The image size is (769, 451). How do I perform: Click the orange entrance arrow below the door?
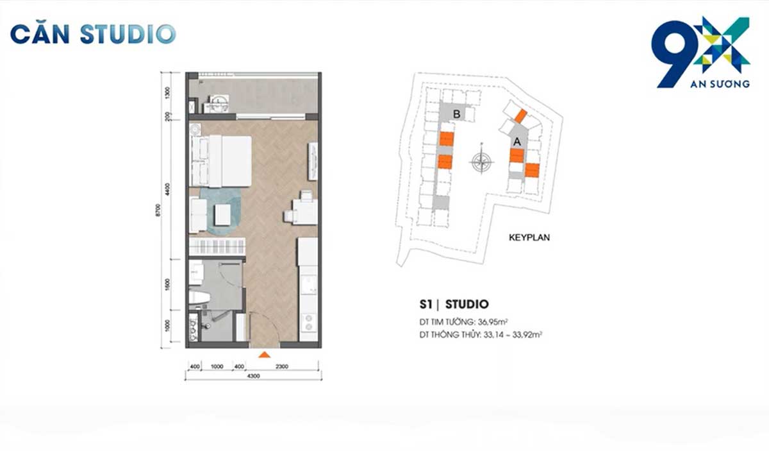click(x=263, y=354)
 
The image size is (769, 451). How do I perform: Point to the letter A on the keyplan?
click(x=517, y=139)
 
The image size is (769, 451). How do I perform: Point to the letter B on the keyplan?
click(x=456, y=114)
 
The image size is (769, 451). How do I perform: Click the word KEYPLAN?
click(x=529, y=237)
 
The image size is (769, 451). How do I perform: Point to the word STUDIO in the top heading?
click(x=126, y=33)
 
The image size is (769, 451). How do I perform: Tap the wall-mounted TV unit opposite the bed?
click(x=312, y=160)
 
